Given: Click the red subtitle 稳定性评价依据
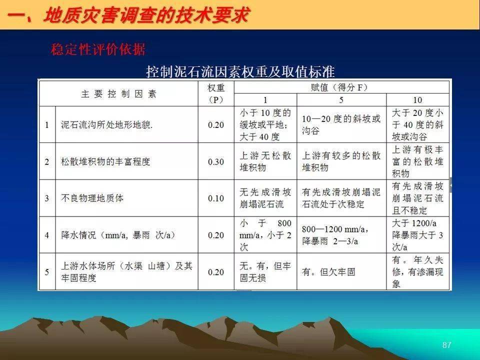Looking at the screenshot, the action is pos(98,49).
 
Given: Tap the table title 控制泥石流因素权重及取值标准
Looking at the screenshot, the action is pos(240,71).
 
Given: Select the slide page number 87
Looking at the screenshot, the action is pos(446,345).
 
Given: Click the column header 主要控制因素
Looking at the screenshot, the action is pos(119,94).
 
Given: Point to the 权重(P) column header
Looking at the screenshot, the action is pos(216,93).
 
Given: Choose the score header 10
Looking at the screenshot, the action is pos(417,100).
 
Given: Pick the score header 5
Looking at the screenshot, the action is pos(341,100).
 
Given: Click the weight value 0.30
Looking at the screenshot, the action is pos(216,161).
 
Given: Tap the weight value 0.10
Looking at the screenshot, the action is pos(216,198).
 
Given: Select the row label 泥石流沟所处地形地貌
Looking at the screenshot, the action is pos(106,125).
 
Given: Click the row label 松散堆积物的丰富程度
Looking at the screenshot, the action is pos(105,161).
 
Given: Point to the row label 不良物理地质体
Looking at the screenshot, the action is pos(92,198).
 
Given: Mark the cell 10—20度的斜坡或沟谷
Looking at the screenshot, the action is pos(341,125).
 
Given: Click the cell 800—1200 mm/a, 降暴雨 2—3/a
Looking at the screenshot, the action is pos(335,235).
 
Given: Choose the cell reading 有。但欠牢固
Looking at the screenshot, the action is pos(328,272).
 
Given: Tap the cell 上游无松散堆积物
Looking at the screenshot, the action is pos(265,161).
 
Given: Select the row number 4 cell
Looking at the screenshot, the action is pos(47,235).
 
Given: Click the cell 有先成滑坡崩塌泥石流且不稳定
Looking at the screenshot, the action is pos(417,198).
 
